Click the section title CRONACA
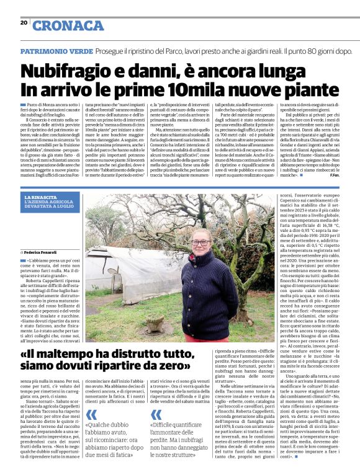coord(68,25)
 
